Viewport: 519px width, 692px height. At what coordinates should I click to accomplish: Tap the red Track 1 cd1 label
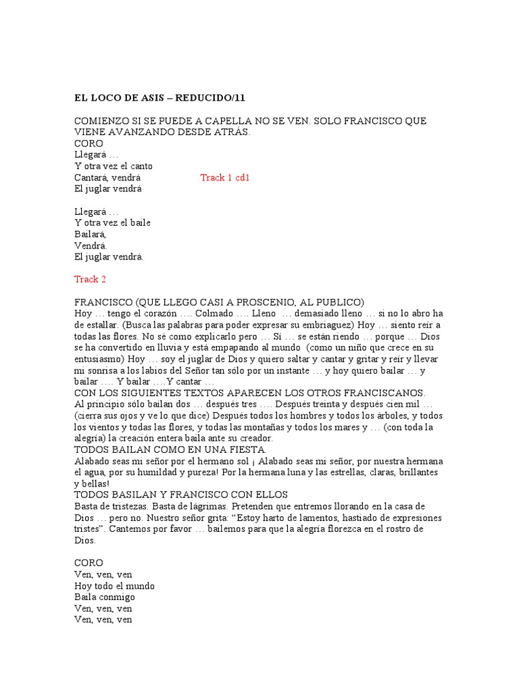pos(224,178)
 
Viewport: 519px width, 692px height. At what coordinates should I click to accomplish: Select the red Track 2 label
pos(90,279)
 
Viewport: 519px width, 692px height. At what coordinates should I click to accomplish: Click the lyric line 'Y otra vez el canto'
pos(113,166)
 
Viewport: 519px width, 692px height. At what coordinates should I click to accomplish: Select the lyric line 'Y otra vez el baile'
pos(112,223)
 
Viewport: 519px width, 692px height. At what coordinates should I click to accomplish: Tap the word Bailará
pos(91,234)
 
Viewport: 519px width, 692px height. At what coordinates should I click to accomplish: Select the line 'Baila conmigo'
pos(104,597)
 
